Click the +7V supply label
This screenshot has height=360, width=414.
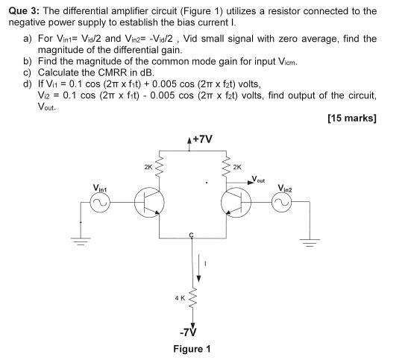point(202,139)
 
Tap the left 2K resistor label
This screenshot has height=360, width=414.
point(150,167)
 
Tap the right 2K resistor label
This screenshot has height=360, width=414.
point(238,167)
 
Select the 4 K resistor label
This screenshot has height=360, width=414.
point(180,298)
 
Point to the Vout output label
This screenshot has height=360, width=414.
point(259,180)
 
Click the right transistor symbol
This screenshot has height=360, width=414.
point(235,201)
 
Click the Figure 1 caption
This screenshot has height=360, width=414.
point(192,349)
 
